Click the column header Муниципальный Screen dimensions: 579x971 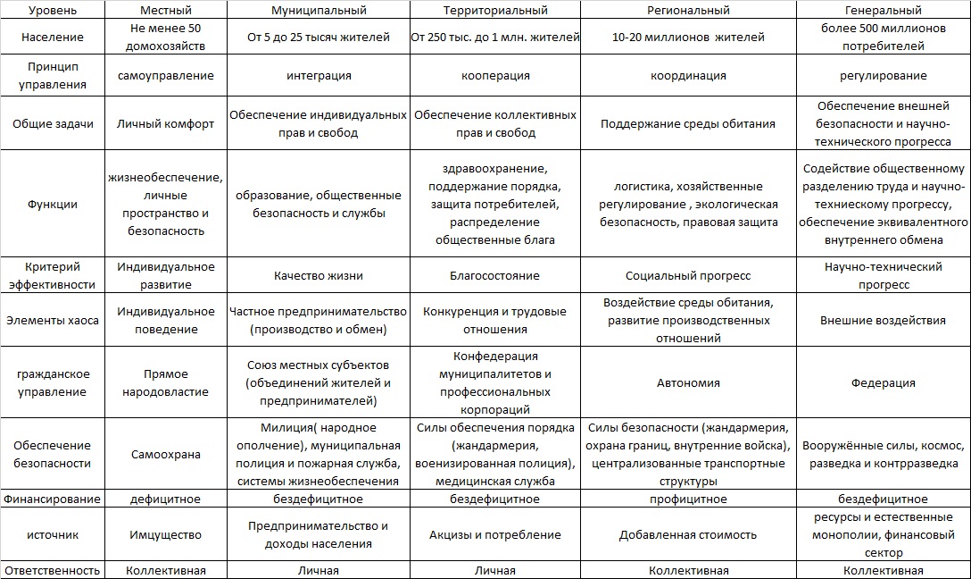[x=318, y=11]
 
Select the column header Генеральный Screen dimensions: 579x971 [x=883, y=11]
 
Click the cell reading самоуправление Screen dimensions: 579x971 [x=166, y=76]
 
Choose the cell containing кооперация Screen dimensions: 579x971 [x=495, y=76]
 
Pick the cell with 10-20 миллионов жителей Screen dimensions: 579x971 [x=688, y=38]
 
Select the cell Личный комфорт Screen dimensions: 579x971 [x=166, y=124]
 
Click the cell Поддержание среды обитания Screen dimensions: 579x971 [x=688, y=124]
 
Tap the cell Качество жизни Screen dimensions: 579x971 [x=318, y=276]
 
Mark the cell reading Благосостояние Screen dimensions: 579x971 [x=495, y=276]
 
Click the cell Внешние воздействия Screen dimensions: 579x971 [x=883, y=321]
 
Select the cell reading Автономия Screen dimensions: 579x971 [x=688, y=383]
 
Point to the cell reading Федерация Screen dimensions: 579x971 [x=883, y=383]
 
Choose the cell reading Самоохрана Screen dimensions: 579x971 [x=166, y=455]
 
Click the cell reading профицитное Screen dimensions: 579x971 [x=688, y=499]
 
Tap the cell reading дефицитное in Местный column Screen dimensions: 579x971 [x=166, y=499]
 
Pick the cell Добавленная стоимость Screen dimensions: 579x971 [x=688, y=535]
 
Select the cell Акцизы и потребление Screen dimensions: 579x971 [x=495, y=535]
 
